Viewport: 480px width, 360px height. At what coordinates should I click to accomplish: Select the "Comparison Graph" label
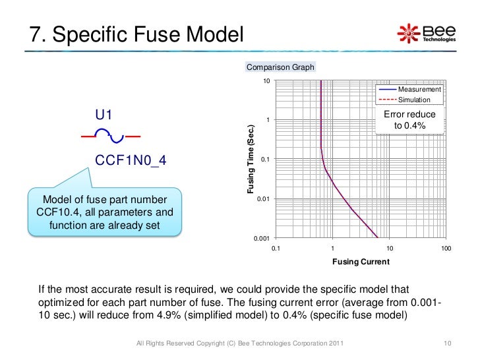(x=280, y=67)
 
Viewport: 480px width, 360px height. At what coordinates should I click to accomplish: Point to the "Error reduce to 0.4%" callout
(x=409, y=120)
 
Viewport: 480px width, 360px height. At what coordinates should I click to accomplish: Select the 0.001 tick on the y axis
(x=262, y=238)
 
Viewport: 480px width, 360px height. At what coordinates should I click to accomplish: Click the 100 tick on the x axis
(x=446, y=248)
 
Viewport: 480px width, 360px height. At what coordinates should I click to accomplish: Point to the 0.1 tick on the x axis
(x=276, y=248)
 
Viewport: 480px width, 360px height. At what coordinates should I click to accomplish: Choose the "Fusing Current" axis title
(x=361, y=261)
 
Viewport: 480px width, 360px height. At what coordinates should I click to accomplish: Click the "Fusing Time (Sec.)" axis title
(x=251, y=159)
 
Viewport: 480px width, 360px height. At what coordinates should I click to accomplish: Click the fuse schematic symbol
(x=111, y=136)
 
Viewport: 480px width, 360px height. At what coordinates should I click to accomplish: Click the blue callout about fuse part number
(x=104, y=212)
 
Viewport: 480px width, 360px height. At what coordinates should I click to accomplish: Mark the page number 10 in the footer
(x=446, y=344)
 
